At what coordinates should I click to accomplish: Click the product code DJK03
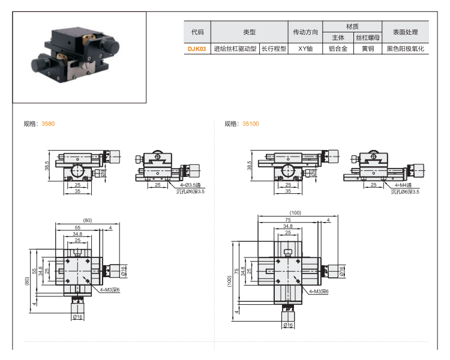pyautogui.click(x=197, y=49)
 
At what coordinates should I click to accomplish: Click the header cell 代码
pyautogui.click(x=197, y=32)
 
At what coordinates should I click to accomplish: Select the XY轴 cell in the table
pyautogui.click(x=305, y=49)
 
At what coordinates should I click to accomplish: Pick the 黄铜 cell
pyautogui.click(x=368, y=49)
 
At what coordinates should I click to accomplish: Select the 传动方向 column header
pyautogui.click(x=305, y=32)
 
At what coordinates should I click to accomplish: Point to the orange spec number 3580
pyautogui.click(x=47, y=124)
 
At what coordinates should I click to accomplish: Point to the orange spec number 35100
pyautogui.click(x=251, y=124)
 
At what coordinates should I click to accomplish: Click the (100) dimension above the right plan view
pyautogui.click(x=295, y=213)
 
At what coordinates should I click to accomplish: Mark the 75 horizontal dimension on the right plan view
pyautogui.click(x=289, y=220)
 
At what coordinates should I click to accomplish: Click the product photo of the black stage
pyautogui.click(x=79, y=58)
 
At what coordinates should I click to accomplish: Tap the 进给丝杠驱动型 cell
pyautogui.click(x=235, y=49)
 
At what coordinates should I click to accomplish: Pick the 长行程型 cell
pyautogui.click(x=274, y=49)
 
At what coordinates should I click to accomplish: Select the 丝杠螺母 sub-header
pyautogui.click(x=368, y=38)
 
